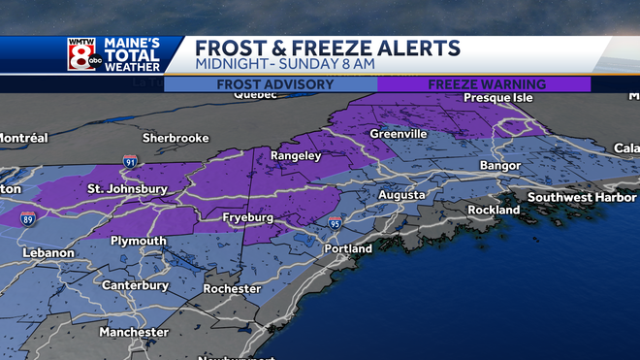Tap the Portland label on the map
coord(348,249)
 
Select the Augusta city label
coord(400,196)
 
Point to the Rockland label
coord(495,211)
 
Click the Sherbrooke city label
coord(176,138)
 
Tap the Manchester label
coord(134,333)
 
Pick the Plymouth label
coord(138,241)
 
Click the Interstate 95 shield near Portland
coord(335,223)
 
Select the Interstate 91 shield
coord(130,161)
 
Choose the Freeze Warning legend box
coord(484,84)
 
